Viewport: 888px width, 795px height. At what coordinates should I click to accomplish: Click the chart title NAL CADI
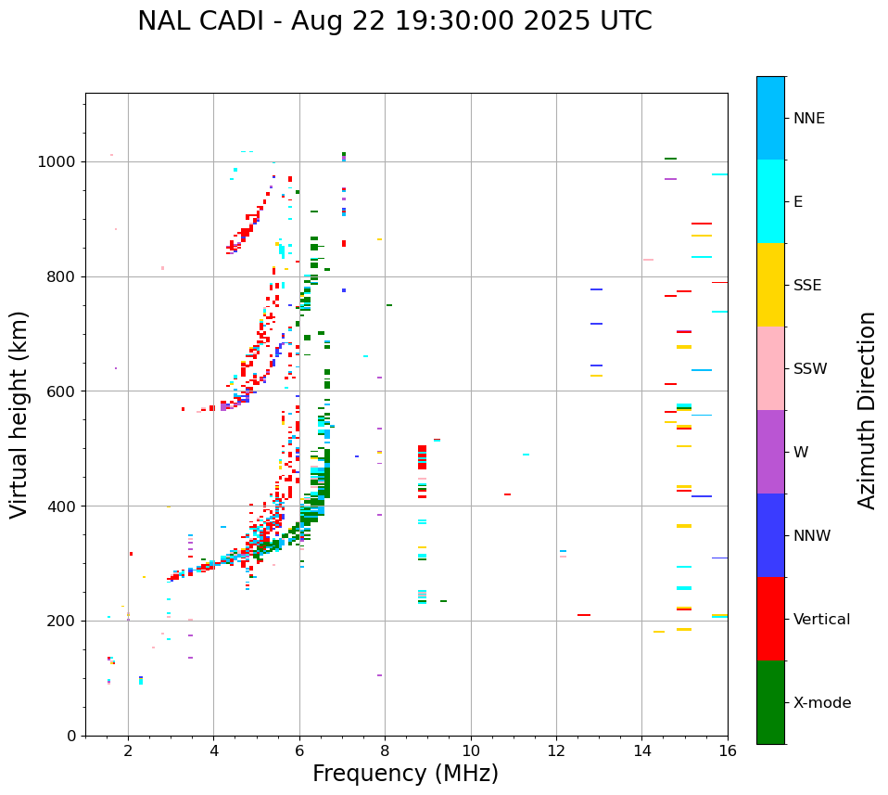click(x=394, y=21)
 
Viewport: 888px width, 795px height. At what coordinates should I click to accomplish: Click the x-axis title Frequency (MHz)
click(x=405, y=774)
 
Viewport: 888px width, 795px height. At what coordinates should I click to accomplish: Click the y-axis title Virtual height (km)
click(x=19, y=414)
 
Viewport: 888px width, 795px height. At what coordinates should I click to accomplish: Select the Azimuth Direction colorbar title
click(x=867, y=410)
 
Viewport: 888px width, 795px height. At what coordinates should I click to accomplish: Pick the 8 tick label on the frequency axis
click(x=385, y=750)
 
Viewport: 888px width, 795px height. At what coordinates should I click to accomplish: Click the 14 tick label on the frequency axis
click(x=641, y=750)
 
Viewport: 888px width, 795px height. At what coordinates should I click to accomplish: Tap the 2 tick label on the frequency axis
click(x=128, y=750)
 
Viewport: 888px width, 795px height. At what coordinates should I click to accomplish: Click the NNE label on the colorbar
click(x=809, y=119)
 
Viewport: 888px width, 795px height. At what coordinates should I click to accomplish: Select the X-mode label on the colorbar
click(x=822, y=703)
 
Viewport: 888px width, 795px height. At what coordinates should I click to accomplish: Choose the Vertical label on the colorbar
click(x=821, y=620)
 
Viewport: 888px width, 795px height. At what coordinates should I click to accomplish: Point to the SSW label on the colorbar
click(x=810, y=369)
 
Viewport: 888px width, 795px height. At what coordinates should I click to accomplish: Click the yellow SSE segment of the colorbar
click(x=770, y=285)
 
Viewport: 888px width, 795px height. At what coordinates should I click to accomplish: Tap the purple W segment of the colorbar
click(x=770, y=452)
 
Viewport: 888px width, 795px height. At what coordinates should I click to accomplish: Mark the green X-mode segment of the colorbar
click(x=770, y=702)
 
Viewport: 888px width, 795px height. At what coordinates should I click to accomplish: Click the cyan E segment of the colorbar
click(x=770, y=201)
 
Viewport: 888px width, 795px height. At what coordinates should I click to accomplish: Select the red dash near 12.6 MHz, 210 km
click(x=584, y=615)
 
